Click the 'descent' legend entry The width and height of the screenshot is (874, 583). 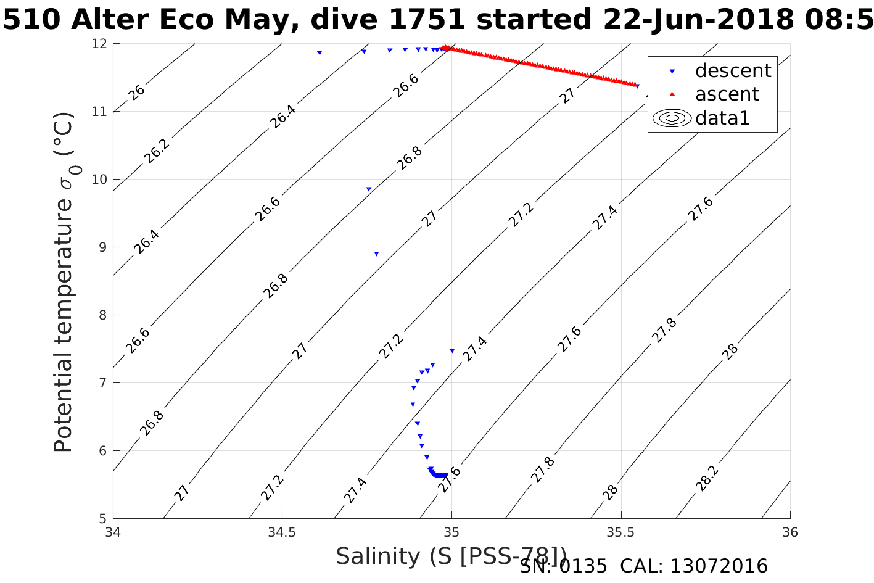(733, 71)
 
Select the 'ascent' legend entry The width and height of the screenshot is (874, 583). (727, 94)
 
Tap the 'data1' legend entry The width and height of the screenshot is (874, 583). (722, 118)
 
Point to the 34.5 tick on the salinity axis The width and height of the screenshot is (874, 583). (282, 532)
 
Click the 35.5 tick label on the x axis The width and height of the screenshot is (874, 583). (621, 532)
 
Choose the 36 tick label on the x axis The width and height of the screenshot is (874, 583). (790, 532)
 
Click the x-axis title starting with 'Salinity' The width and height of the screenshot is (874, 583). (451, 556)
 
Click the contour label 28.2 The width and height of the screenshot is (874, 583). (707, 479)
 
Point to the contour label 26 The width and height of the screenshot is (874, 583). (137, 93)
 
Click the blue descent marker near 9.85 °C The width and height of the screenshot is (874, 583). (369, 189)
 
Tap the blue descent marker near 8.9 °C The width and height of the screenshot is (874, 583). (376, 254)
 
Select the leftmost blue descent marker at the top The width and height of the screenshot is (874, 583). (319, 52)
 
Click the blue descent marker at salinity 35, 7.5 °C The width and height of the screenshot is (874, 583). (452, 350)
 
